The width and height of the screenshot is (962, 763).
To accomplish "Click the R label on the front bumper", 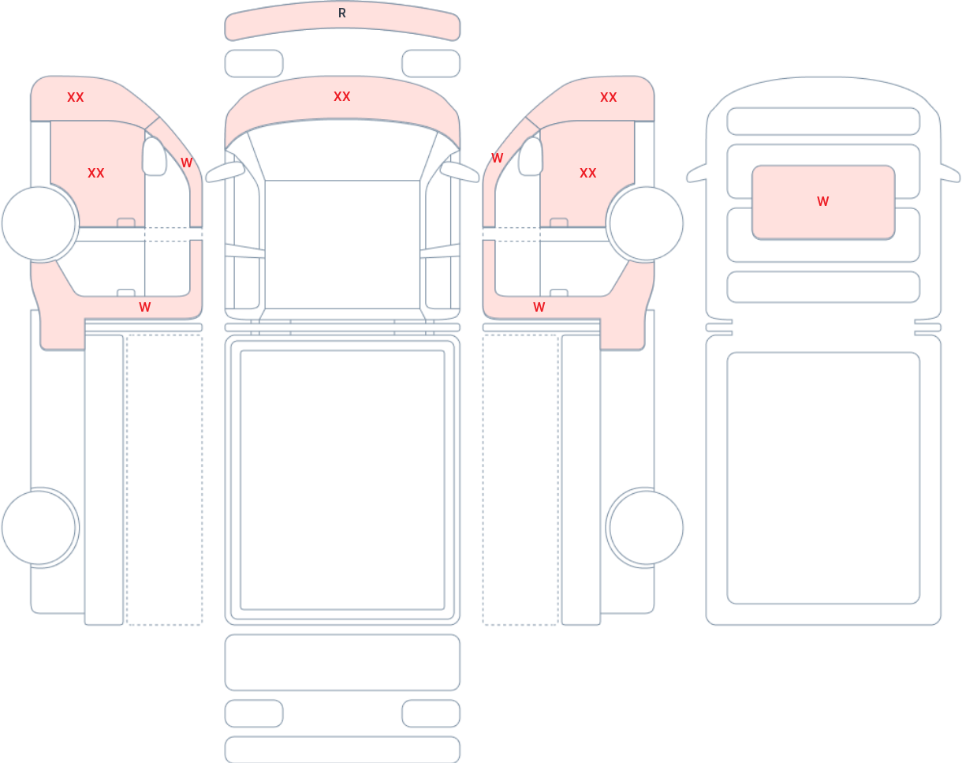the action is (x=342, y=13).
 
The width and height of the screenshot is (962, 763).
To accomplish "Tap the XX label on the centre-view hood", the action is (x=342, y=96).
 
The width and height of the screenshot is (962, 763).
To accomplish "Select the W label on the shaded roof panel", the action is (x=823, y=202).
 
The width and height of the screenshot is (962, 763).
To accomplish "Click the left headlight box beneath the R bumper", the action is (x=254, y=63).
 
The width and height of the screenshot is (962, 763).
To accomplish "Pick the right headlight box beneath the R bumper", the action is (x=431, y=63).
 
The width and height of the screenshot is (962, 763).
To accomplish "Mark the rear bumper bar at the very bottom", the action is (x=342, y=749).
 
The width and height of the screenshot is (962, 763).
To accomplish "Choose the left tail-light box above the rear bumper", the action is (x=254, y=713).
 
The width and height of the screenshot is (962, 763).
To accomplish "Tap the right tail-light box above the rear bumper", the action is (x=431, y=713).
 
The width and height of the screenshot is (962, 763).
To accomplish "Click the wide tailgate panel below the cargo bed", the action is (x=342, y=662).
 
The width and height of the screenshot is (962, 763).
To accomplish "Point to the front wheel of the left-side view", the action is (x=39, y=223).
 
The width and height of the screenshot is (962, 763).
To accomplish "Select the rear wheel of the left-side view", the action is (x=39, y=528).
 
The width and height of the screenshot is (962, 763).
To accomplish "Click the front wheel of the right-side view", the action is (x=646, y=223).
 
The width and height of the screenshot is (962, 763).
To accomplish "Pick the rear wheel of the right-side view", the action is (x=646, y=528).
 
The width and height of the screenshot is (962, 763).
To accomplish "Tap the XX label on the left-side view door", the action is (x=96, y=173).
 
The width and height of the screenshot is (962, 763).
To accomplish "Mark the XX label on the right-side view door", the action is (x=587, y=173).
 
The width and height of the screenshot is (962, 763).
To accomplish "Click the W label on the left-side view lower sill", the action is (x=145, y=307).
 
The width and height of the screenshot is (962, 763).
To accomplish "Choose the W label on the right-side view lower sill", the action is (x=539, y=307).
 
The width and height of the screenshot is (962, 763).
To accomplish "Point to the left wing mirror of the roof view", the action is (x=695, y=174).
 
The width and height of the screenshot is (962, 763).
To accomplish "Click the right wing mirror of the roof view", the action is (x=950, y=174).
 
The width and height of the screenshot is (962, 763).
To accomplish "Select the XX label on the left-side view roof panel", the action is (x=76, y=98).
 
